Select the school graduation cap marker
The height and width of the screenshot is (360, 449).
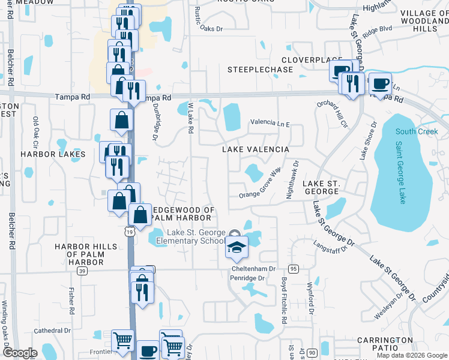click(237, 247)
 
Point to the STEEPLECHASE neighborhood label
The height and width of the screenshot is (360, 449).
click(260, 70)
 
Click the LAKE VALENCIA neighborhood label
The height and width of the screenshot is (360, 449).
click(256, 149)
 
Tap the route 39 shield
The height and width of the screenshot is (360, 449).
click(82, 271)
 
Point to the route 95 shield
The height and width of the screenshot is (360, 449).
click(293, 268)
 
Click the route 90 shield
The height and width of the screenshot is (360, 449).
click(312, 353)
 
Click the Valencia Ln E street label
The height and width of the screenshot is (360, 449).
click(270, 124)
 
